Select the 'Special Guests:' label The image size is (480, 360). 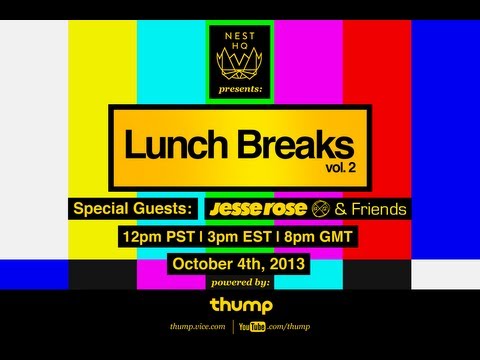[136, 209]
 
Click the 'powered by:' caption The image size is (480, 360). [240, 285]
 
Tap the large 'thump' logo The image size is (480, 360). [240, 304]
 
